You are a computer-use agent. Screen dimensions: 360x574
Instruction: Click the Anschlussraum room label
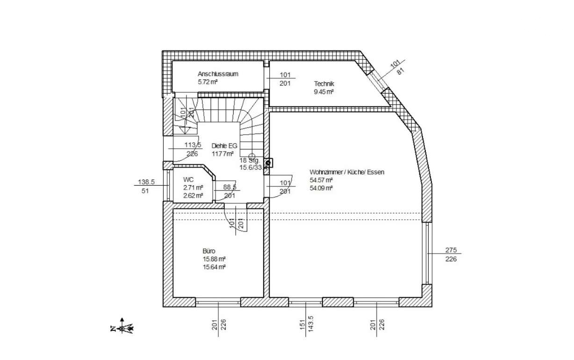pos(218,74)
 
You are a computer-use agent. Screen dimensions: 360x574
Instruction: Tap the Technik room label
pos(324,84)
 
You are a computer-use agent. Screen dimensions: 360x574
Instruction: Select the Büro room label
pos(209,251)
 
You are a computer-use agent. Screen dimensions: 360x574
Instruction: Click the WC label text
pos(188,180)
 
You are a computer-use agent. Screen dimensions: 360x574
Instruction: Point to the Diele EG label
pos(224,145)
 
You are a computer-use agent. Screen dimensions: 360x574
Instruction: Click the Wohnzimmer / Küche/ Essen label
pos(347,172)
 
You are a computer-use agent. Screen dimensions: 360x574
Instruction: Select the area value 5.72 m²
pos(208,82)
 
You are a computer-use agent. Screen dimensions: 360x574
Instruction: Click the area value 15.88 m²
pos(215,259)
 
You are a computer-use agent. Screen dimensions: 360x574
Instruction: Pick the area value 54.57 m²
pos(321,180)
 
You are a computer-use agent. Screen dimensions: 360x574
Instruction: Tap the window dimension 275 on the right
pos(451,250)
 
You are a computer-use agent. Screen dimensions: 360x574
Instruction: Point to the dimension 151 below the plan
pos(303,323)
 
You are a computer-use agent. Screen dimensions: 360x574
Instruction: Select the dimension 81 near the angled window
pos(400,71)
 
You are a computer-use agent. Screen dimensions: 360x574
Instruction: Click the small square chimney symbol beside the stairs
pos(268,163)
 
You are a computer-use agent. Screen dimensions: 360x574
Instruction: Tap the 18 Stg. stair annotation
pos(249,160)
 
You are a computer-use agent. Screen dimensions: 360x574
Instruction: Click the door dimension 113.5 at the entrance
pos(192,145)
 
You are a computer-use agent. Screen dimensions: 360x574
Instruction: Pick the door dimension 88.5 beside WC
pos(229,187)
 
